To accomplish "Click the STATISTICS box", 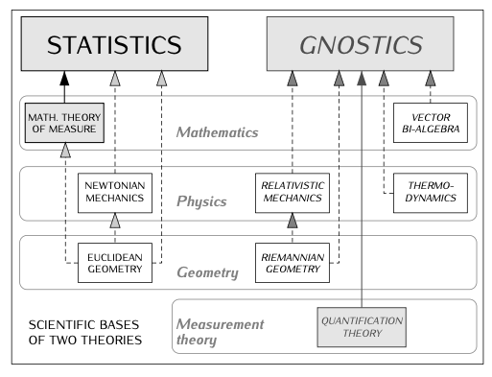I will tap(114, 45).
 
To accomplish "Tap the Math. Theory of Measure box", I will tap(63, 123).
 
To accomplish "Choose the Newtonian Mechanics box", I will tap(114, 194).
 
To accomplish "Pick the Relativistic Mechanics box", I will tap(291, 194).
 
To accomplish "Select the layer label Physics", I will tap(202, 202).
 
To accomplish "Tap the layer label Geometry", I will tap(207, 273).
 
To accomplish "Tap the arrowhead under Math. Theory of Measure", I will tap(65, 152).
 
